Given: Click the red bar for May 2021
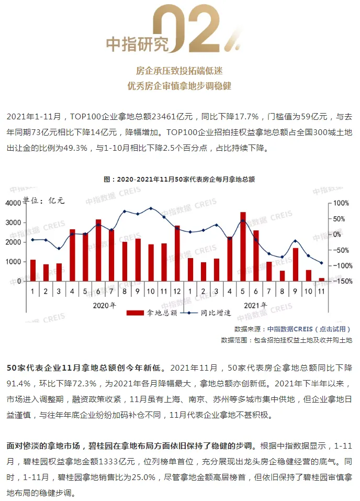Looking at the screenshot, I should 243,247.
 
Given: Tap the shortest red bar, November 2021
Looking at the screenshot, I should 321,280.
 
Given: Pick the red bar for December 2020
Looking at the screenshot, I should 177,253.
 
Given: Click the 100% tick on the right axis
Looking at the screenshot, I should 341,203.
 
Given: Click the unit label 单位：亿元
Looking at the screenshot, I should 42,201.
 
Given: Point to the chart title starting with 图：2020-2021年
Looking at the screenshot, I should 179,179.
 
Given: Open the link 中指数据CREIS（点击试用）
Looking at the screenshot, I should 309,329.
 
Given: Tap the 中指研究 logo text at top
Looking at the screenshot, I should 138,44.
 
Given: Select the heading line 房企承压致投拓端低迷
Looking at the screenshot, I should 179,70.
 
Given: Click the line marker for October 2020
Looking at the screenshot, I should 151,208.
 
